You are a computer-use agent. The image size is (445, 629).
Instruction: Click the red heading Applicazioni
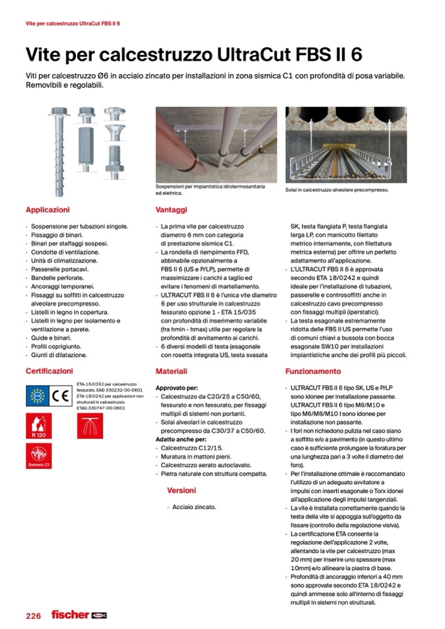pyautogui.click(x=47, y=211)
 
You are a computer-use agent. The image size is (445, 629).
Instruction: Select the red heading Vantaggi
pyautogui.click(x=171, y=211)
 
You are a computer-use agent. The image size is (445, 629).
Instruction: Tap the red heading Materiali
pyautogui.click(x=171, y=371)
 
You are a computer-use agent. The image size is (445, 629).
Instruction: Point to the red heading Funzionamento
pyautogui.click(x=312, y=371)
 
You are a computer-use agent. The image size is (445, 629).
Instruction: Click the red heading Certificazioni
pyautogui.click(x=49, y=371)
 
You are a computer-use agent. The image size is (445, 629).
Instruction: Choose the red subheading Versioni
pyautogui.click(x=181, y=490)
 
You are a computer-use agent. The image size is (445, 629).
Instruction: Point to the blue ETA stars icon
pyautogui.click(x=38, y=395)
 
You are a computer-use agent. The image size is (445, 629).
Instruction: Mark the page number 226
pyautogui.click(x=33, y=615)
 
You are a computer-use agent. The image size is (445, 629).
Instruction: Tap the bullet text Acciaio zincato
pyautogui.click(x=195, y=507)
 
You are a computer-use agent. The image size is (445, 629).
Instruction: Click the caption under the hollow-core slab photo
pyautogui.click(x=337, y=190)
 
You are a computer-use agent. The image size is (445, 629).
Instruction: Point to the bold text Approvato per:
pyautogui.click(x=177, y=388)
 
